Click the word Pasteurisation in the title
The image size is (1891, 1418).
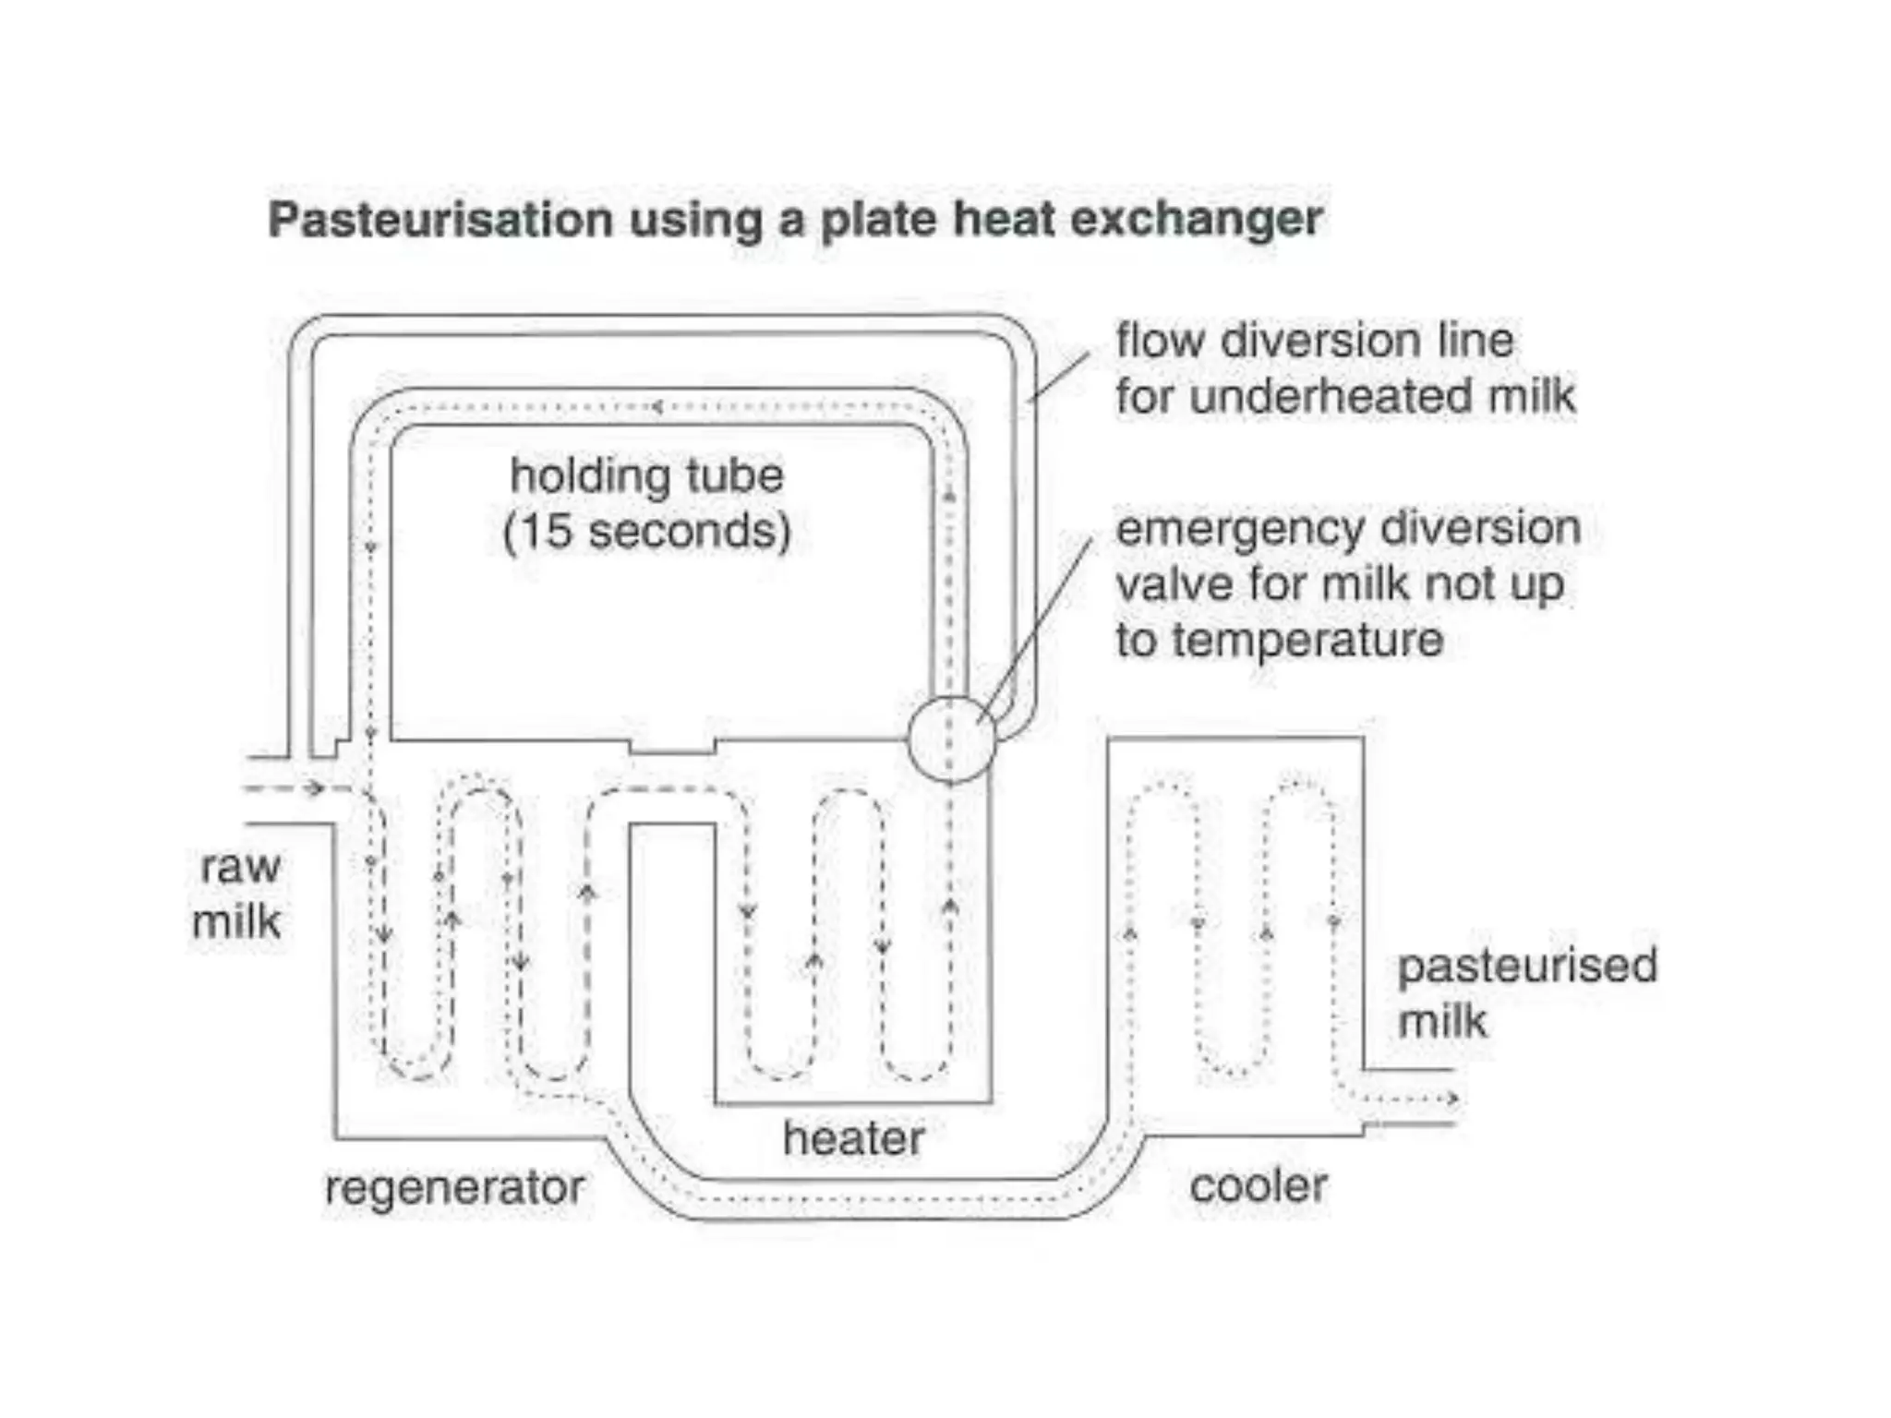click(x=440, y=220)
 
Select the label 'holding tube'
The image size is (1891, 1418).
click(x=646, y=476)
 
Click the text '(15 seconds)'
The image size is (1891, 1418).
click(x=646, y=532)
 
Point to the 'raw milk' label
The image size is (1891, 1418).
click(x=238, y=894)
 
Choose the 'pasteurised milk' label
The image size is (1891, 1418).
click(x=1525, y=993)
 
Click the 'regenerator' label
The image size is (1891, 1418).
click(x=454, y=1187)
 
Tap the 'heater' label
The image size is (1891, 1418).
click(x=853, y=1138)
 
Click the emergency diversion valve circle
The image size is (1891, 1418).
click(x=952, y=739)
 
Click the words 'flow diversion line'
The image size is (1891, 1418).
click(x=1314, y=341)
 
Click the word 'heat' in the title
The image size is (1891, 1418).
click(x=1004, y=220)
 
